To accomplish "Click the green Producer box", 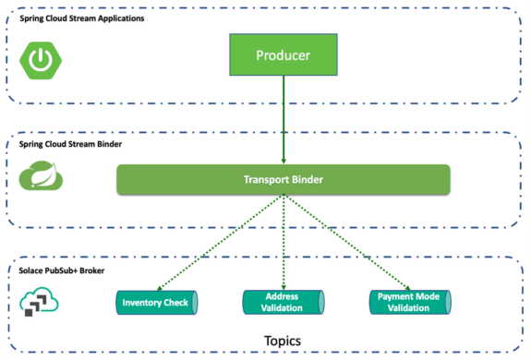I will click(x=284, y=55).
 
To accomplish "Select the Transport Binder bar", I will click(x=283, y=179).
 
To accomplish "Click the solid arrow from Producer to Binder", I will click(x=284, y=120).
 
